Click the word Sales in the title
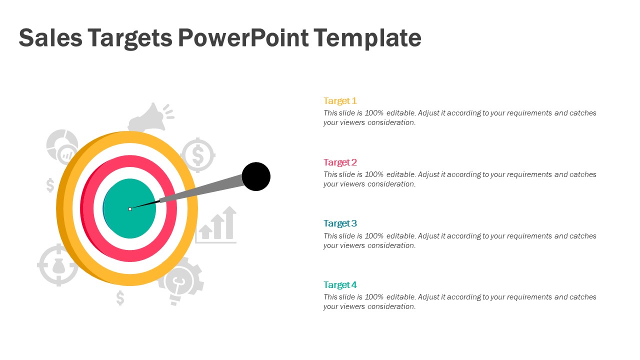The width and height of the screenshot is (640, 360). click(x=50, y=37)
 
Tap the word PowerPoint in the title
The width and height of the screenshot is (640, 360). click(x=243, y=37)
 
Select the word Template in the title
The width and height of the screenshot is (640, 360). click(x=367, y=38)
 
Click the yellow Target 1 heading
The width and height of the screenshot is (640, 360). click(x=340, y=101)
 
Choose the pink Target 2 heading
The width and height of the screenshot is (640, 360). click(x=340, y=162)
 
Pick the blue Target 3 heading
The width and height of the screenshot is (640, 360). click(x=340, y=223)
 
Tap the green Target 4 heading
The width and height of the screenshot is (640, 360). click(x=340, y=285)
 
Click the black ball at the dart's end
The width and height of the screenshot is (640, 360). click(x=256, y=176)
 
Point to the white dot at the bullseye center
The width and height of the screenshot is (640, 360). click(x=130, y=209)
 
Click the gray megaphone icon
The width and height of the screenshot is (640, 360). click(x=150, y=117)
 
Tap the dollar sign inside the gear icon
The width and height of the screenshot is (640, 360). click(x=198, y=155)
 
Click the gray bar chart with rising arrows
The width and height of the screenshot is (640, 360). click(x=215, y=225)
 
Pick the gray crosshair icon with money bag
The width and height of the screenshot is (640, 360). click(x=58, y=265)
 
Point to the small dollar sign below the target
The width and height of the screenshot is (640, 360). click(x=120, y=298)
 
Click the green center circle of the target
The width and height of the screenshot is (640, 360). click(x=129, y=208)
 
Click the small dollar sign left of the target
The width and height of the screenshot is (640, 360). click(x=50, y=185)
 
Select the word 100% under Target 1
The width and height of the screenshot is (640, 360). click(x=374, y=113)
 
